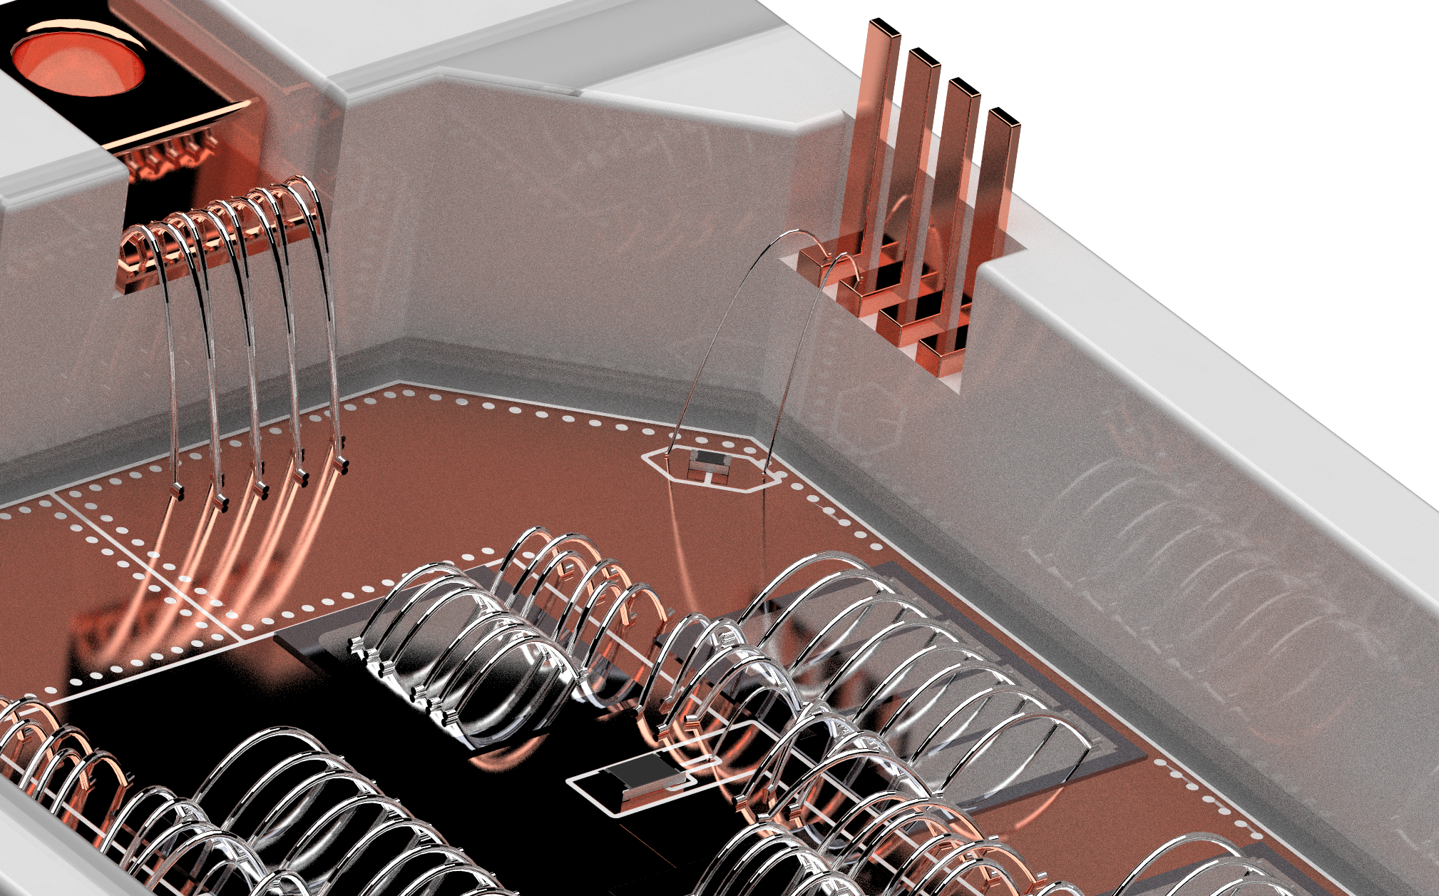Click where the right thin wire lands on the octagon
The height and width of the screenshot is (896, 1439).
[x=767, y=472]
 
